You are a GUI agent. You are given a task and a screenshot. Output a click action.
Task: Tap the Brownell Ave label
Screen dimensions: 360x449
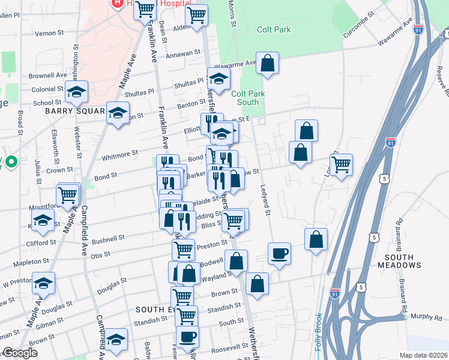tap(47, 76)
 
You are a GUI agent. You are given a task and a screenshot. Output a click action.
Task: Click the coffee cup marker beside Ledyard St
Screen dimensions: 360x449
tap(279, 254)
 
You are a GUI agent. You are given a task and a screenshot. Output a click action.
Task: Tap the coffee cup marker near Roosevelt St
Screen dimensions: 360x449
tap(187, 337)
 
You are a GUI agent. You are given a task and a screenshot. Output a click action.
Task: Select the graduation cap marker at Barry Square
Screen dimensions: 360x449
tap(118, 112)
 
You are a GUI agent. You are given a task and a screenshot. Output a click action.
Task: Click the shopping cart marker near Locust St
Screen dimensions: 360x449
tap(341, 164)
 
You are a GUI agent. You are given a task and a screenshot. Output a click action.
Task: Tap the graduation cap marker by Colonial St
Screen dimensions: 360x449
tap(77, 92)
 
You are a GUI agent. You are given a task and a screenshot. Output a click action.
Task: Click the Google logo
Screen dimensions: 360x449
tap(20, 353)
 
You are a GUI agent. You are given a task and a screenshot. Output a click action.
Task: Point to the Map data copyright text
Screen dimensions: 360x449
tap(423, 355)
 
